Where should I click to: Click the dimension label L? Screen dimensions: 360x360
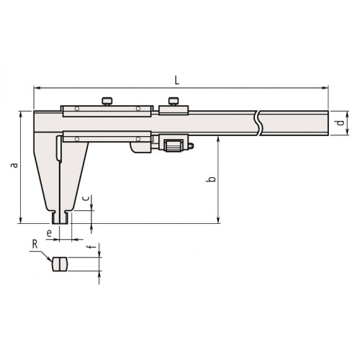(x=177, y=81)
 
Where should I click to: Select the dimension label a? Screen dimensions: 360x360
(x=14, y=165)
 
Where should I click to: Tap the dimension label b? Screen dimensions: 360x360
(x=211, y=179)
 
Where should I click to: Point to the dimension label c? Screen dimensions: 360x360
(x=86, y=198)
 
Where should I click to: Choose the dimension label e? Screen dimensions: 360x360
(x=49, y=233)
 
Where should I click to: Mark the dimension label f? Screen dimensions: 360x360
(x=92, y=246)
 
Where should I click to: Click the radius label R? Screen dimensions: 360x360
(x=35, y=245)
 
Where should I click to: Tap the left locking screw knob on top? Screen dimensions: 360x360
(x=107, y=101)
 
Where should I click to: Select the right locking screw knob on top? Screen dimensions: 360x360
(x=174, y=101)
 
